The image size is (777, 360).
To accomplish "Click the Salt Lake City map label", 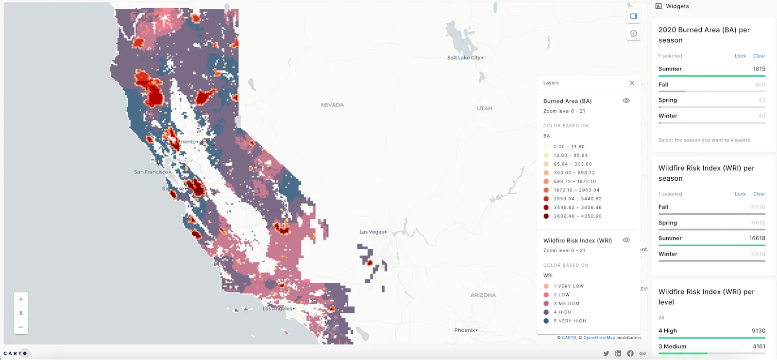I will tap(464, 58).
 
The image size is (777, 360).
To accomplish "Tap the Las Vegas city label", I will tap(372, 232).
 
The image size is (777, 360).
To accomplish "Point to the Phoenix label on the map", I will tap(465, 330).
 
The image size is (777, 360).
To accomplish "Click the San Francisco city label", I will tap(151, 172).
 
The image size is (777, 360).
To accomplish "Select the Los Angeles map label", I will tap(278, 309).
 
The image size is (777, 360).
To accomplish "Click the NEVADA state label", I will tap(332, 105).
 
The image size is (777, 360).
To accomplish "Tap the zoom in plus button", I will tap(21, 299).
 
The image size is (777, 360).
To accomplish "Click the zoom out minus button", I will tap(21, 327).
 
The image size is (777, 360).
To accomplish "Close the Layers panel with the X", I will tap(632, 83).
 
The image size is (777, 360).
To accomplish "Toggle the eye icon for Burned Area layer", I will tap(626, 101).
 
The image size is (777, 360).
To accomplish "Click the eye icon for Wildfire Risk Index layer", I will tap(626, 240).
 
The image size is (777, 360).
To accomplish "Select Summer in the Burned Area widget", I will tap(670, 69).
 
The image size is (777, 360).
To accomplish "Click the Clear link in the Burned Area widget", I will tap(759, 56).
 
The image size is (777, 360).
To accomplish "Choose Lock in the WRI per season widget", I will tap(740, 194).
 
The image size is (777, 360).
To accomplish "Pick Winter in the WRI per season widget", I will tap(668, 254).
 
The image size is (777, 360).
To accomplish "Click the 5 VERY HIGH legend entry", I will tap(570, 321).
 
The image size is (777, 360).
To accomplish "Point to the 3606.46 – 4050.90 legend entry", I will tap(577, 216).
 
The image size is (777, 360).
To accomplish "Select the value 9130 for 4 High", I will tap(758, 331).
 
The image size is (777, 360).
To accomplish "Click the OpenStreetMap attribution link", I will tap(599, 338).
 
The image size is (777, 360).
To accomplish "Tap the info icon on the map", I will tap(634, 34).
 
